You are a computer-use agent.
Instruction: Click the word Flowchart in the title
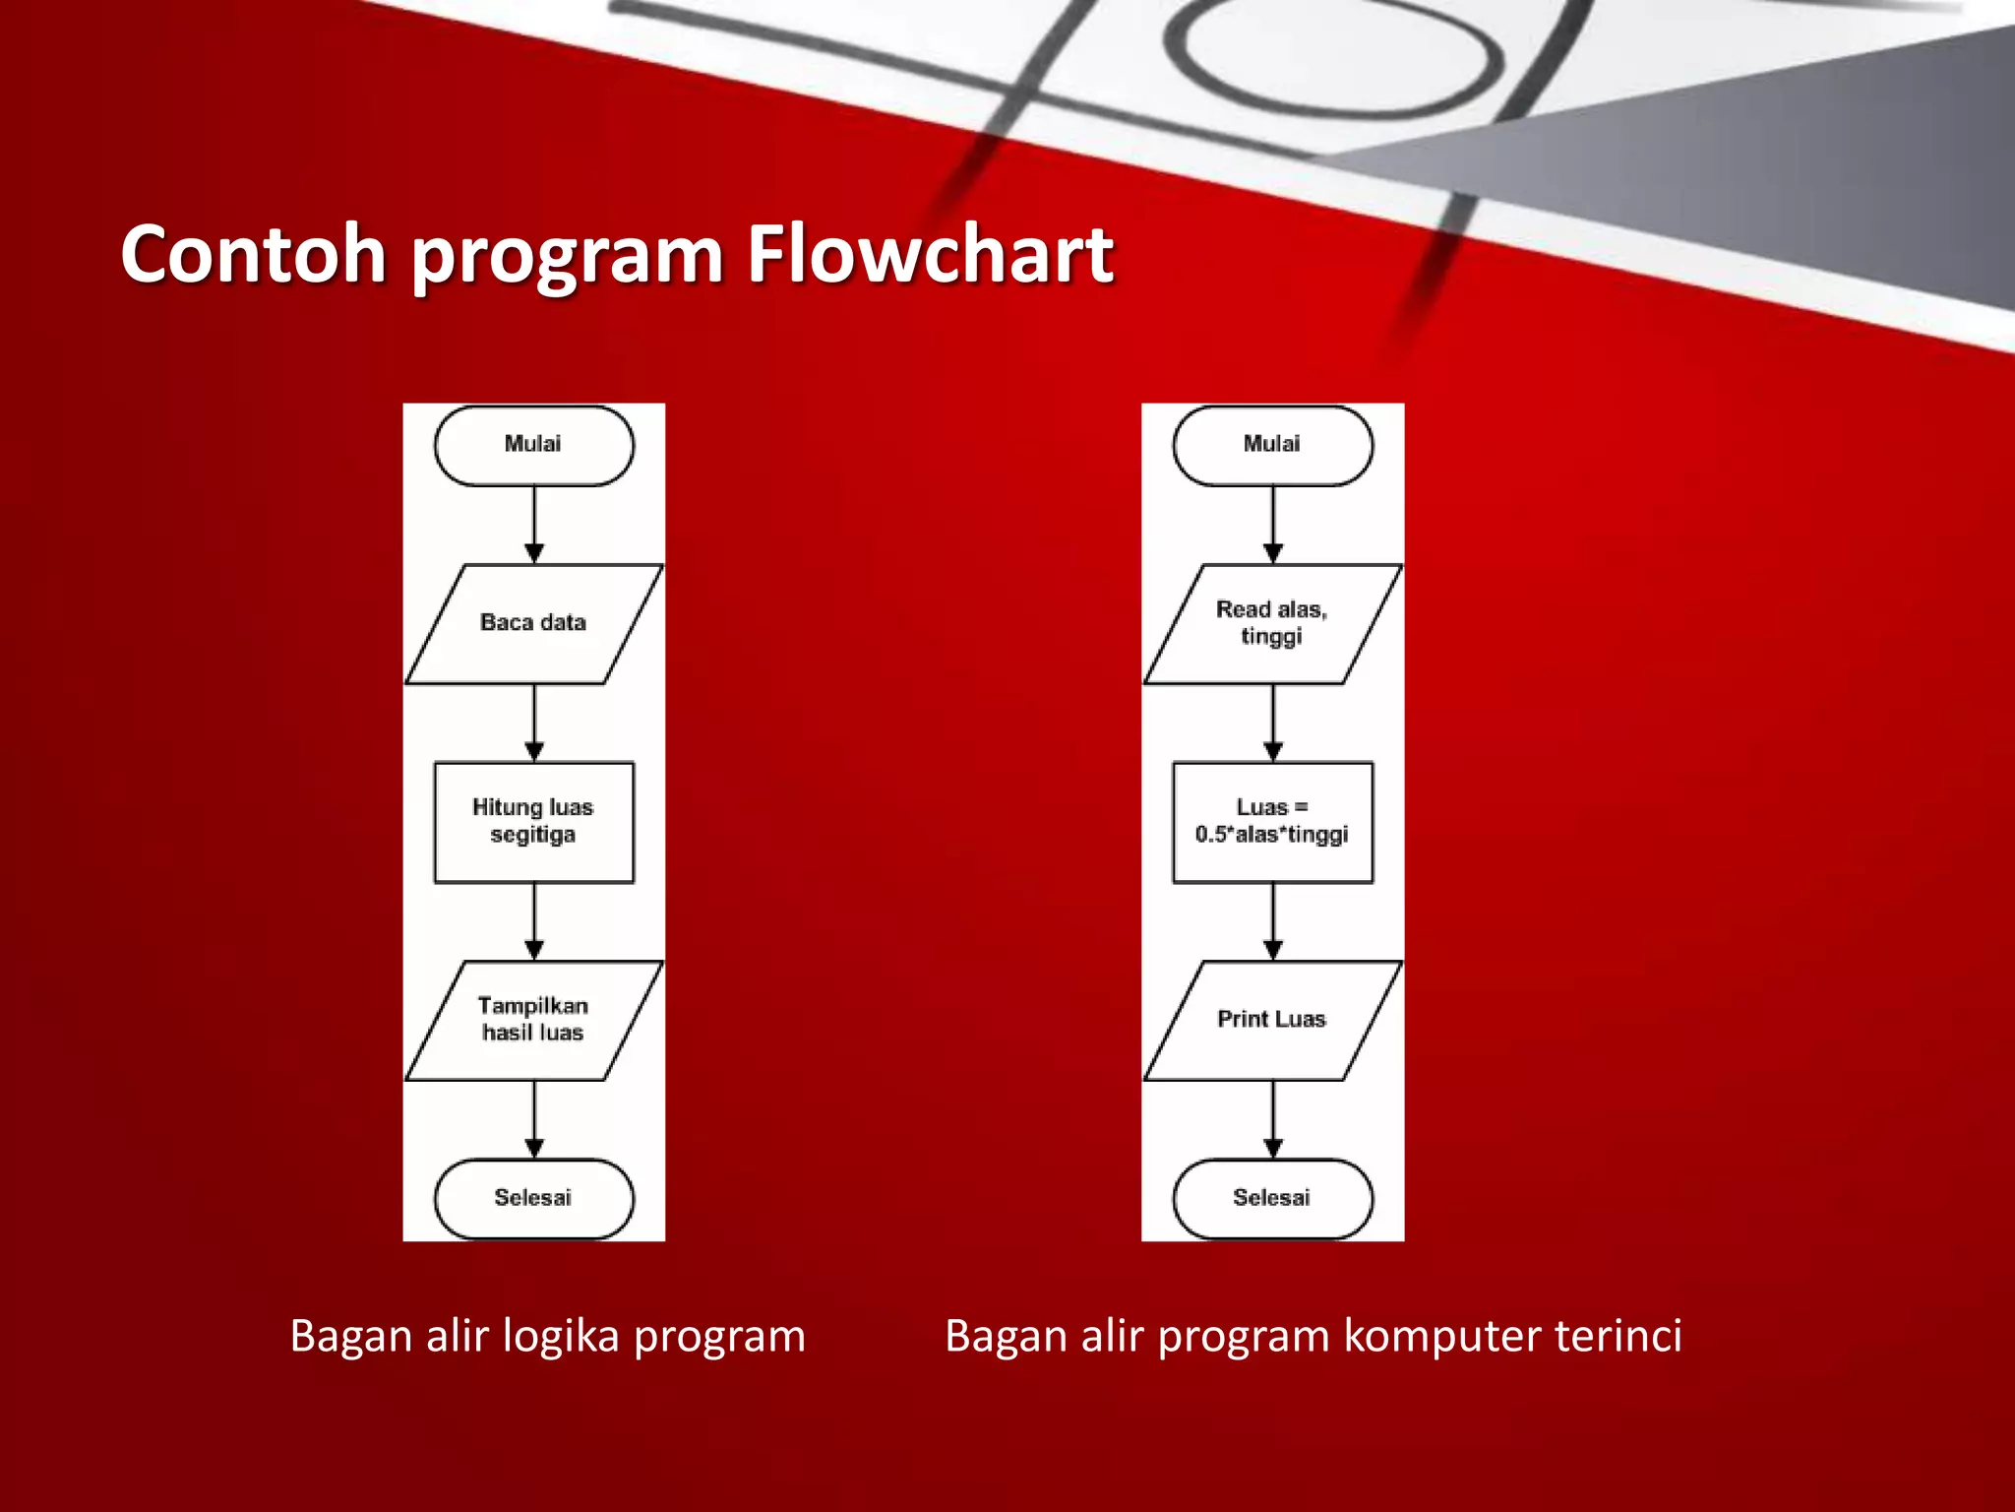coord(929,254)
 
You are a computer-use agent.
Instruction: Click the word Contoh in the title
coord(253,254)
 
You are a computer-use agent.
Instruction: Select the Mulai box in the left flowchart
coord(533,445)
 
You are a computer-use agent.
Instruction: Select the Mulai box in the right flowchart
coord(1272,445)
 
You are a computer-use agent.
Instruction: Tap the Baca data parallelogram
coord(533,623)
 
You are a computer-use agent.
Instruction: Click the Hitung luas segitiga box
coord(533,821)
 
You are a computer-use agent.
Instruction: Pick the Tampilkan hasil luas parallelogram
coord(533,1020)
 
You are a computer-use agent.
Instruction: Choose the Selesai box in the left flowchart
coord(533,1198)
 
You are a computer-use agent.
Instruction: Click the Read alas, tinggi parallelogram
coord(1272,623)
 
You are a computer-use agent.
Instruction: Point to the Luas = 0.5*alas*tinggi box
coord(1272,821)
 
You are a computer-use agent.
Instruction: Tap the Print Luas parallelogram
coord(1272,1020)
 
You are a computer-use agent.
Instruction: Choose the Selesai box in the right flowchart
coord(1272,1198)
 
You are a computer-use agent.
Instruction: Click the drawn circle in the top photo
coord(1333,49)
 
